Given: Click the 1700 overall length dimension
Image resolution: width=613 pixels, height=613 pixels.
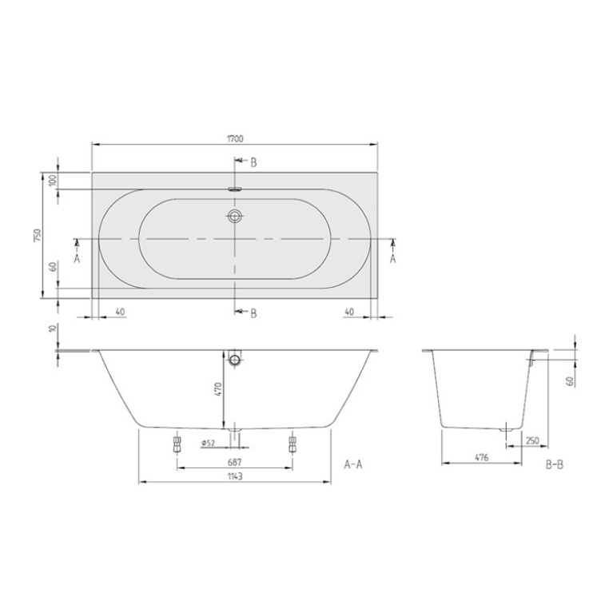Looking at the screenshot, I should (x=235, y=138).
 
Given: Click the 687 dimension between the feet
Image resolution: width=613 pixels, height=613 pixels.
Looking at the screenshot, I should (x=235, y=463).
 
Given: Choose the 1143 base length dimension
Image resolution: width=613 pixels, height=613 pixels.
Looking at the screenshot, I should (x=235, y=476).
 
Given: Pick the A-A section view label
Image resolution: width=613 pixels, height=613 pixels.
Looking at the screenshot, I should (x=352, y=464).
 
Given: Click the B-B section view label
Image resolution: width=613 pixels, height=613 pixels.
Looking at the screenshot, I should (x=555, y=464).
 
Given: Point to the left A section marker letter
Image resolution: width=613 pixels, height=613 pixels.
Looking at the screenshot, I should (x=77, y=258).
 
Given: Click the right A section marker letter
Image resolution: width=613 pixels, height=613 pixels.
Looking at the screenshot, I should (x=393, y=258).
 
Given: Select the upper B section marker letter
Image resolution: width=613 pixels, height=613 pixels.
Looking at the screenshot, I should (x=253, y=162).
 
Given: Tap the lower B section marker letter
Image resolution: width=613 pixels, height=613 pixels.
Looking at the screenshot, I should (x=253, y=313).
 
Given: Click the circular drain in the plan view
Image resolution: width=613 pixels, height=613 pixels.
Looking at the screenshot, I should (x=235, y=217).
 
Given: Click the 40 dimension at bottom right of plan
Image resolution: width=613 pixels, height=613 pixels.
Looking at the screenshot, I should (x=349, y=312).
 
